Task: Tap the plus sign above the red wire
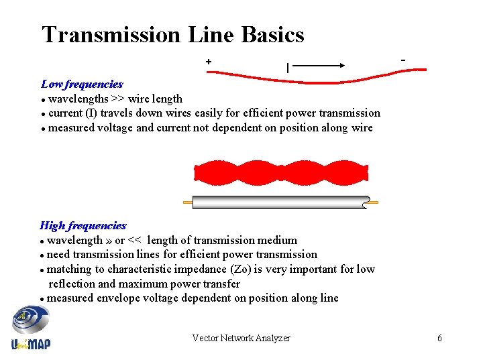pos(209,62)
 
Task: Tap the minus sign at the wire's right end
pos(403,60)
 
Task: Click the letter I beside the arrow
pos(288,67)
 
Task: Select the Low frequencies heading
pos(82,84)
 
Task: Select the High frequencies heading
pos(83,226)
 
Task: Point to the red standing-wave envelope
pos(282,173)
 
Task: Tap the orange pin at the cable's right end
pos(374,202)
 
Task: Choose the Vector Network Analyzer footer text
pos(241,339)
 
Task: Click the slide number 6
pos(439,339)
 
